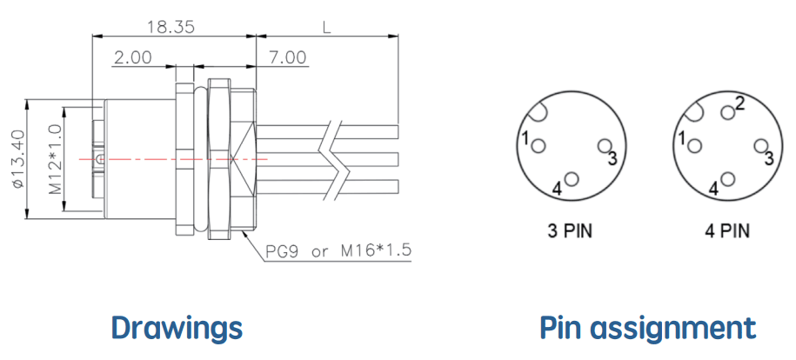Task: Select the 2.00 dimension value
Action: click(x=132, y=57)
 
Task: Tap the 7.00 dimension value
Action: click(x=287, y=57)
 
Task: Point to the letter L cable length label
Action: click(x=326, y=27)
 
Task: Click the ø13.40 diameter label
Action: click(x=18, y=158)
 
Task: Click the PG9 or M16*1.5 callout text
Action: click(x=338, y=250)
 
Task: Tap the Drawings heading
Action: click(x=177, y=328)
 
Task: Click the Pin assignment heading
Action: click(x=648, y=328)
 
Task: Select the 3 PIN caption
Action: click(x=571, y=231)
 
